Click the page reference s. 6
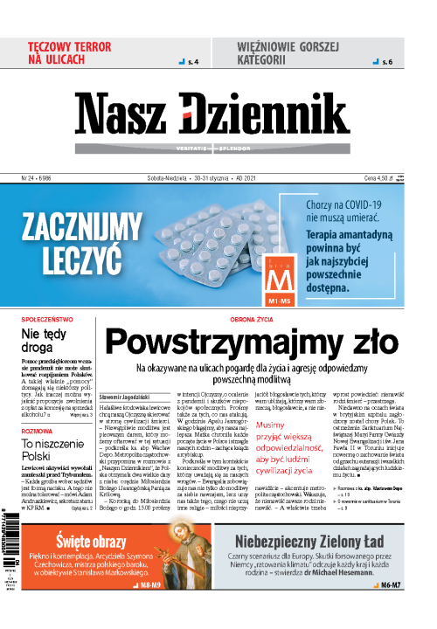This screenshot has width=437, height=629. coord(389,63)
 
